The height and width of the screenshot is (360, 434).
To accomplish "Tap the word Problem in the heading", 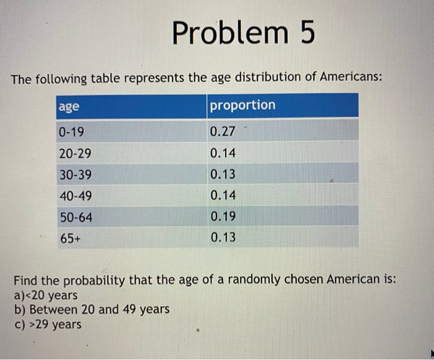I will pos(229,34).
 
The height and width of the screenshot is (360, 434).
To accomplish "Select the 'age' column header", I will pos(69,106).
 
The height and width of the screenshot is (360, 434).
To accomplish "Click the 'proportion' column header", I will pos(242,105).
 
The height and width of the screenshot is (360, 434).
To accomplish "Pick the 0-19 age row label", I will pos(72,132).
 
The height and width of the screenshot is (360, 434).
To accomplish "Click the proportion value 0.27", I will pos(223,132).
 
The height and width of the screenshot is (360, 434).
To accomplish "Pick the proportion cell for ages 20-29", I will pos(223,153).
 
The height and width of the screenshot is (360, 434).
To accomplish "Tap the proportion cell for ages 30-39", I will pos(223,175).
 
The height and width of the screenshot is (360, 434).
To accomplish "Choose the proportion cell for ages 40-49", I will pos(223,196).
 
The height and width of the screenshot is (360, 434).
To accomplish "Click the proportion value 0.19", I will pos(223,217).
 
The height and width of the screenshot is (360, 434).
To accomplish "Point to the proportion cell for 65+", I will pos(223,238).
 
